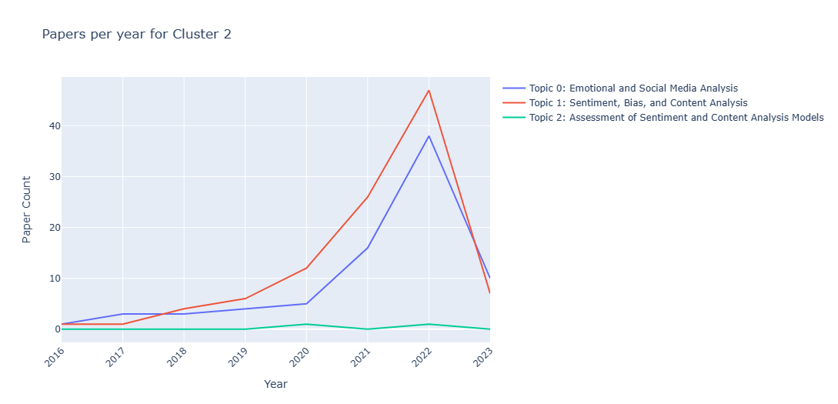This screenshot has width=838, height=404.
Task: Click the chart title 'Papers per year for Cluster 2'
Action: click(136, 35)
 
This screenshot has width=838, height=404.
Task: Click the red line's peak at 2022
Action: click(429, 90)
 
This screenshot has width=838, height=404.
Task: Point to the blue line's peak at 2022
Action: click(429, 136)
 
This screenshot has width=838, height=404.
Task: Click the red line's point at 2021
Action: click(368, 197)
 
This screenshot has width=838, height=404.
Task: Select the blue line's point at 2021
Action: click(368, 248)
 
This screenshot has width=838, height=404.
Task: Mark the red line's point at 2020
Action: click(306, 268)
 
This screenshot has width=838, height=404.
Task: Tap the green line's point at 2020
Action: click(306, 324)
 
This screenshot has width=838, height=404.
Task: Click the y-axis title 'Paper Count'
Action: click(27, 209)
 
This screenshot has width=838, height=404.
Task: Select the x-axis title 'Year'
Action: click(275, 384)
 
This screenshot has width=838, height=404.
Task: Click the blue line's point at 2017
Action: click(122, 314)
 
